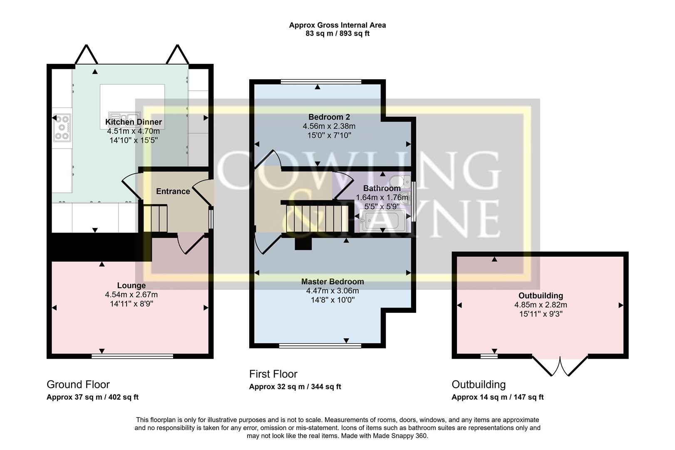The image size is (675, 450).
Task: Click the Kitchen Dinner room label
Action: pos(134,122)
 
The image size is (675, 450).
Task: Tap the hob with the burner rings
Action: pos(62,127)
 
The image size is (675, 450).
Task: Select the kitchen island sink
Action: pos(124,116)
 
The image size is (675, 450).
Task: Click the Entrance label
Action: pos(173,191)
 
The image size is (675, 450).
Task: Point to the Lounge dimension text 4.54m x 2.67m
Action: pos(132,295)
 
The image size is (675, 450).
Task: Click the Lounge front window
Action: pos(132,356)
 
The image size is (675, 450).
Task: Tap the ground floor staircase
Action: pos(155,218)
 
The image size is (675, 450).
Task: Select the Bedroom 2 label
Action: pos(329,117)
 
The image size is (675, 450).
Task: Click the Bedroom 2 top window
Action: pos(320,82)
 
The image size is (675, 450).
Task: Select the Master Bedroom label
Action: pos(333,282)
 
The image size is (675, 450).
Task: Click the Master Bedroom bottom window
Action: pos(320,345)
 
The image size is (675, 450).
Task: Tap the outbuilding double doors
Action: pos(560,365)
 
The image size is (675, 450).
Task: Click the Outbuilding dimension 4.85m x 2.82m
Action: pos(541,305)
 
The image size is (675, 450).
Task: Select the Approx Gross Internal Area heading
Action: pos(337,25)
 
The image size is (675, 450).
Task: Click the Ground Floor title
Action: pos(78,384)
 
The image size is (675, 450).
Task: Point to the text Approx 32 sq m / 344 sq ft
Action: pos(295,387)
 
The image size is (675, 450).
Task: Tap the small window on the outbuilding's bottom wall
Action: pos(489,356)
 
